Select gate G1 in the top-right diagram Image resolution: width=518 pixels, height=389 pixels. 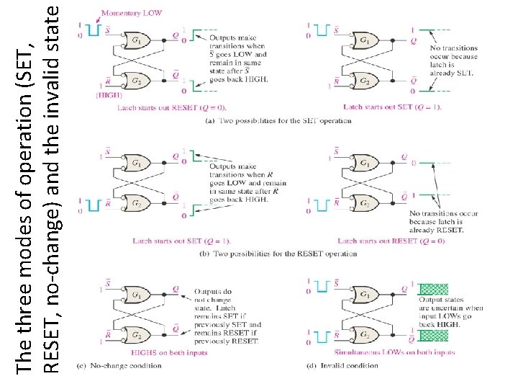(x=365, y=40)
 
